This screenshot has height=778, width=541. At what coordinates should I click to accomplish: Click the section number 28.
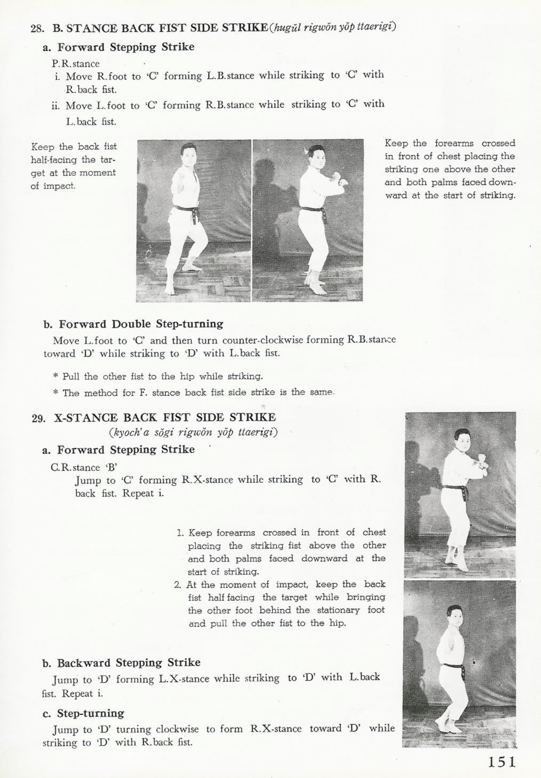point(37,29)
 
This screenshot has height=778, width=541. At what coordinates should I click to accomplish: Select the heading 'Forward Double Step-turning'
point(141,324)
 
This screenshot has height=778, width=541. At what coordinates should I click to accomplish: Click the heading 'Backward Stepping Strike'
point(129,663)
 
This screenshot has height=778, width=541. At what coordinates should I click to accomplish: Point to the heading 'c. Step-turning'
point(84,713)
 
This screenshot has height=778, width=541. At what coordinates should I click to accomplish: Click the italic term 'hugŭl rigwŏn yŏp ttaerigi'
point(333,27)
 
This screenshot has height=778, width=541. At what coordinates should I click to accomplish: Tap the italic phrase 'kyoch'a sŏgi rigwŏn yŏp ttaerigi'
point(193,433)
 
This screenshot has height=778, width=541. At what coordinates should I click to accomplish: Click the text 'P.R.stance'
point(76,63)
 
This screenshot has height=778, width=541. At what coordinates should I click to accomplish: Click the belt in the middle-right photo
point(454,488)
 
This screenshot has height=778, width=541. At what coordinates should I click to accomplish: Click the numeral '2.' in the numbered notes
point(178,585)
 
